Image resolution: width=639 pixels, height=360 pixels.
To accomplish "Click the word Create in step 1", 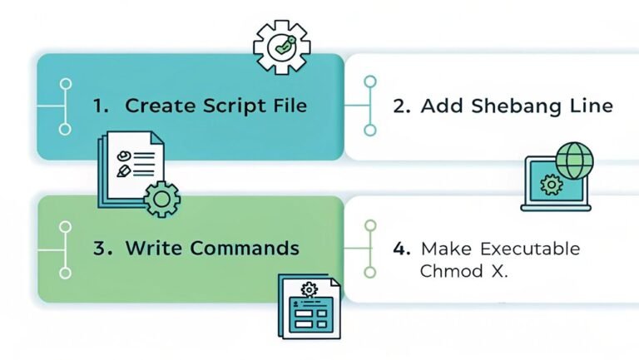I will [156, 106].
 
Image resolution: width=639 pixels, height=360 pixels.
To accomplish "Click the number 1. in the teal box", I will [102, 106].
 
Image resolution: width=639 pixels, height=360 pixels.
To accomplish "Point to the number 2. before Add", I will [402, 106].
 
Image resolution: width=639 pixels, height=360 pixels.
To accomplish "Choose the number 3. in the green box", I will [102, 248].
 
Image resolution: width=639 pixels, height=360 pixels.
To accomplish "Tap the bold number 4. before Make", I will [401, 249].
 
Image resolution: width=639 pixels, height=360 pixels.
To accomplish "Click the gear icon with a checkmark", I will [281, 47].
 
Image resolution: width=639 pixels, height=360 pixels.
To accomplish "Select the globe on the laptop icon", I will [574, 160].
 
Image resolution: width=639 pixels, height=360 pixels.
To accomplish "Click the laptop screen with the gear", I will [548, 185].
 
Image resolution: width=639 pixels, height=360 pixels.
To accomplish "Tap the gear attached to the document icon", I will [161, 199].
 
